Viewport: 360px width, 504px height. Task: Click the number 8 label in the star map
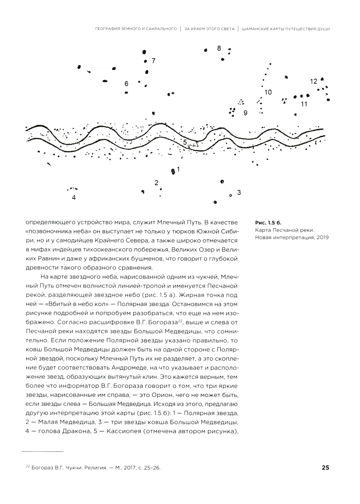219,48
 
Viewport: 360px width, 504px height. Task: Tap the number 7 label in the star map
153,61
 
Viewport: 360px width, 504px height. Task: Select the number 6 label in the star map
126,84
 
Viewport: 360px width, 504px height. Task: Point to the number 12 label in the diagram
314,81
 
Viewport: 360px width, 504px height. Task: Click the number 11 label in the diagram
304,104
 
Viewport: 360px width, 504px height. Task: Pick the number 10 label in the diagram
268,93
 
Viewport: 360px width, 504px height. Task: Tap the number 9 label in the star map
246,113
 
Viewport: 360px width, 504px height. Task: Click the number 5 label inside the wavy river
185,143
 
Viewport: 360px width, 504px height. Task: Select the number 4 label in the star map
74,197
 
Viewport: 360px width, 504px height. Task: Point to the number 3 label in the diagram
239,193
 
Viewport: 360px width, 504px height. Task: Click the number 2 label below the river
156,183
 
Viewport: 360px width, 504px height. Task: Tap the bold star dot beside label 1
173,171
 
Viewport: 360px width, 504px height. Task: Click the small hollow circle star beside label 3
231,195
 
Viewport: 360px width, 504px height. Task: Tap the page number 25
325,468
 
